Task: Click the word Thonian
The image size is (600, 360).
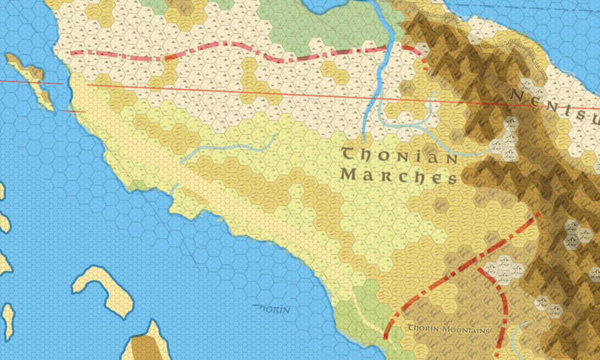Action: pos(399,157)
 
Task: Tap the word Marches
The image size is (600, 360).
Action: pos(398,176)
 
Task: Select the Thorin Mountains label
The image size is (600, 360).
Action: pos(448,330)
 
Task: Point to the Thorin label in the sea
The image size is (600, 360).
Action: pos(271,308)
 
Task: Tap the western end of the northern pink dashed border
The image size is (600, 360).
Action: pos(72,53)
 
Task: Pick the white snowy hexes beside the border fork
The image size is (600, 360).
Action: pos(507,266)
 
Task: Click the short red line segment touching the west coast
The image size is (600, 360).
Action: pos(74,111)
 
